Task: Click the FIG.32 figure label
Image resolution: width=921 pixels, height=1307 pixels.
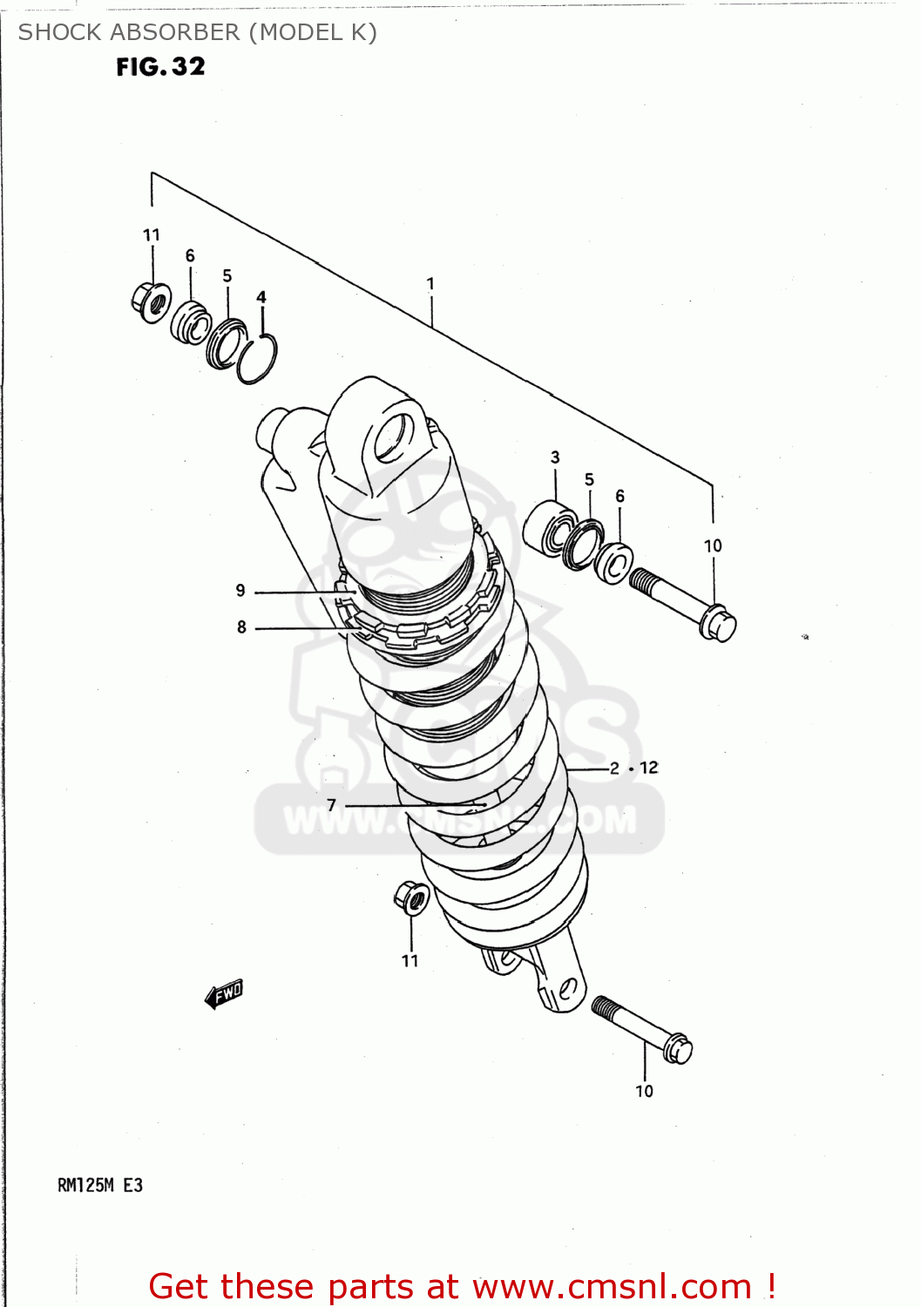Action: click(160, 67)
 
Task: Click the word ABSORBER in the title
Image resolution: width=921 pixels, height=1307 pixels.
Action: click(182, 32)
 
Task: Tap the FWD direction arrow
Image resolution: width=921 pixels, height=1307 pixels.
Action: click(223, 993)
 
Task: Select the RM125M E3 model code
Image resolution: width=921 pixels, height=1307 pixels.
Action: click(99, 1185)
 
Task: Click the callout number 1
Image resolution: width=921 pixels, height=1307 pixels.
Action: click(430, 283)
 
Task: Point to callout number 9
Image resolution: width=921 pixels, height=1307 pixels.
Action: click(240, 590)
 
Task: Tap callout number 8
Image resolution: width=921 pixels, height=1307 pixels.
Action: click(241, 626)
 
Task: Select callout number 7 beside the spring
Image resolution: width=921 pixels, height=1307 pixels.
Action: click(331, 804)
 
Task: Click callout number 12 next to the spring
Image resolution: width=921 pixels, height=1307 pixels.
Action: click(649, 768)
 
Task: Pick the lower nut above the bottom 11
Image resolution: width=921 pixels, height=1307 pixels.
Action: click(410, 897)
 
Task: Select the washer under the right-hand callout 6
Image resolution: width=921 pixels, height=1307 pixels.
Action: click(614, 563)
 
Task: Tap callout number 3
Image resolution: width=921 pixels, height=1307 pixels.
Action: click(555, 457)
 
